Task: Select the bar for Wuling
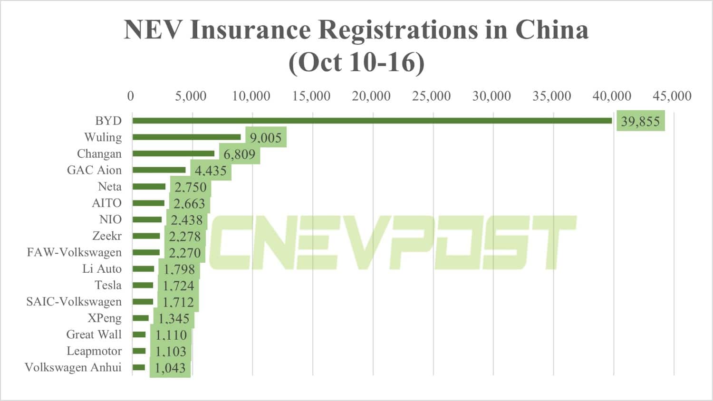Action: click(186, 137)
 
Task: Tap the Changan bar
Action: click(173, 153)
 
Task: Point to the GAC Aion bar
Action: click(159, 170)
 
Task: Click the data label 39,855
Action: click(640, 122)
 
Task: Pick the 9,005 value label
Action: click(266, 138)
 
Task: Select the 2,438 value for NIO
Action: click(187, 220)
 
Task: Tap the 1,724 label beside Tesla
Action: click(178, 286)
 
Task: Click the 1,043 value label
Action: click(170, 368)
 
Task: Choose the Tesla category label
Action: click(108, 285)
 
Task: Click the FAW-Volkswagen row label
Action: click(74, 252)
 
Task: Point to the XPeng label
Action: click(105, 318)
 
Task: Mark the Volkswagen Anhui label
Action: click(73, 367)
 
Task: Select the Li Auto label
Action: click(102, 269)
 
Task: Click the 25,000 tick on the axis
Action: click(431, 96)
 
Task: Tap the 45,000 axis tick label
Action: click(672, 96)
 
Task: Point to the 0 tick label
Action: click(131, 96)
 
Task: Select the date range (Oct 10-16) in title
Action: click(356, 62)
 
